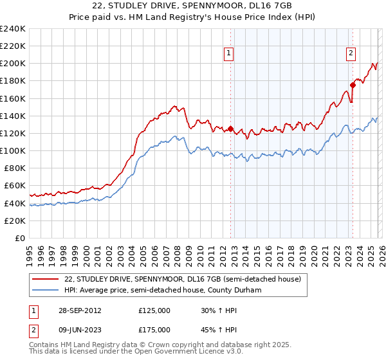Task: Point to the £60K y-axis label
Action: (x=14, y=186)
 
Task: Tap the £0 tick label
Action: (x=19, y=238)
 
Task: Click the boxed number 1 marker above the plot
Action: (x=230, y=54)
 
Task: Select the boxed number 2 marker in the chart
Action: (x=351, y=54)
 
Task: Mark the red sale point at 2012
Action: (x=231, y=129)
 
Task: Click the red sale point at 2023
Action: (x=353, y=85)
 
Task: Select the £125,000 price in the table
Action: (x=154, y=310)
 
